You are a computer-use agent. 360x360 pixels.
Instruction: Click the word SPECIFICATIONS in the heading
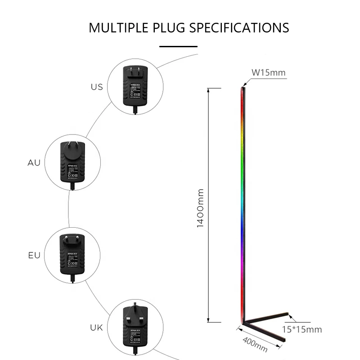[239, 27]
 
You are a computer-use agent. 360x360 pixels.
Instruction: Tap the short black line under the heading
[179, 46]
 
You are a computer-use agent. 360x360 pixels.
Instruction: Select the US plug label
[97, 87]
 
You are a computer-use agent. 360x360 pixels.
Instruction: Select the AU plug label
[34, 162]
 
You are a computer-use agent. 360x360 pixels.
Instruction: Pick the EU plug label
[34, 256]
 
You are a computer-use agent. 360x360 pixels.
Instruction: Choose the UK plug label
[97, 328]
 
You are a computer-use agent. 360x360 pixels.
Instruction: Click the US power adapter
[135, 88]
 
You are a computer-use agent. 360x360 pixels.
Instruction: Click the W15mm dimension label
[268, 72]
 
